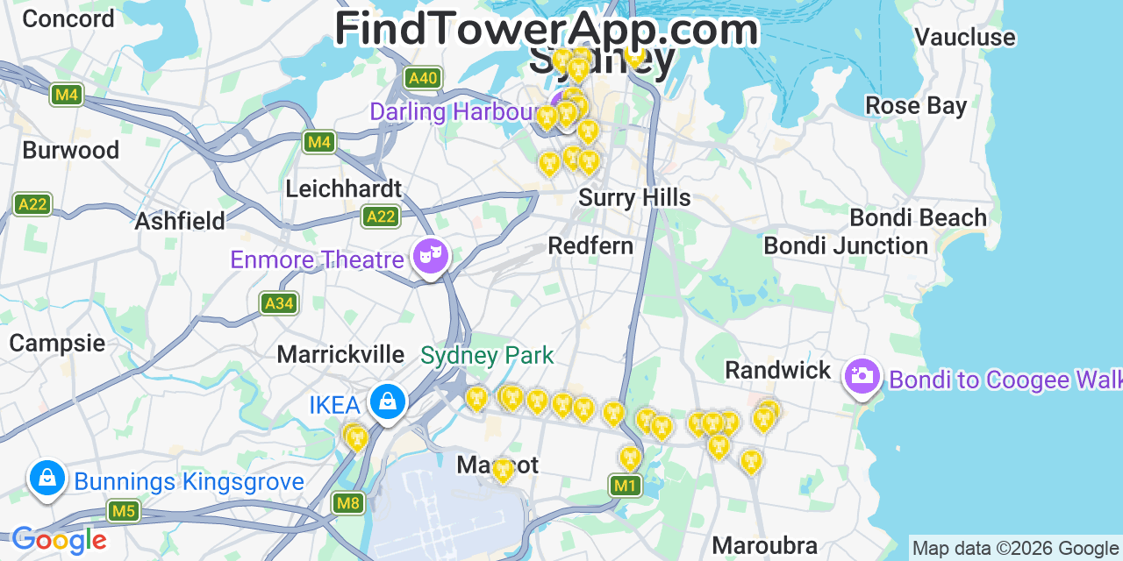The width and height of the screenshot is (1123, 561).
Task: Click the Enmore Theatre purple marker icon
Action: [430, 257]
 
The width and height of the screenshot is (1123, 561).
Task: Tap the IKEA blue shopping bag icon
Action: [387, 402]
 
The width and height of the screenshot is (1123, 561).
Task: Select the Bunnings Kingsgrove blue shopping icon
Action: [47, 479]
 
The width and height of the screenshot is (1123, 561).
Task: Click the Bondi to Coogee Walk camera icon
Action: [862, 376]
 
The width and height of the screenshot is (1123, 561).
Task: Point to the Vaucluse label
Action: [964, 38]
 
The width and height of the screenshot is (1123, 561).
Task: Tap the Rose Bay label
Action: [915, 106]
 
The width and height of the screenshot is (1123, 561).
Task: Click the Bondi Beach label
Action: [918, 217]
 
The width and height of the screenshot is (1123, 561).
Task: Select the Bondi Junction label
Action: [846, 246]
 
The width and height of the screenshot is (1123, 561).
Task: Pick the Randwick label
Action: [777, 370]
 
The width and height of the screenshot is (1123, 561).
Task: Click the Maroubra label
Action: [764, 545]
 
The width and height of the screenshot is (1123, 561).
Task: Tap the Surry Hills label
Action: [634, 198]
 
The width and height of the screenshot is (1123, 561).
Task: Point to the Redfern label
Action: [590, 246]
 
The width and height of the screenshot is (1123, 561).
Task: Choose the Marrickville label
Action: [340, 355]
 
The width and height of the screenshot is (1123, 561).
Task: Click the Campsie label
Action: [57, 343]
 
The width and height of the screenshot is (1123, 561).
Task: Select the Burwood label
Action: [71, 150]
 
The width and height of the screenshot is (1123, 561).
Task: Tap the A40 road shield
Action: [422, 78]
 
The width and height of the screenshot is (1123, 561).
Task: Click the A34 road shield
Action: [279, 303]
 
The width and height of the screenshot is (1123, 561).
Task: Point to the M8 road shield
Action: [348, 503]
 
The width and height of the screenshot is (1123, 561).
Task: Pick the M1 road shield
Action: [624, 485]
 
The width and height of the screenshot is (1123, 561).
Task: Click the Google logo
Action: [59, 540]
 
